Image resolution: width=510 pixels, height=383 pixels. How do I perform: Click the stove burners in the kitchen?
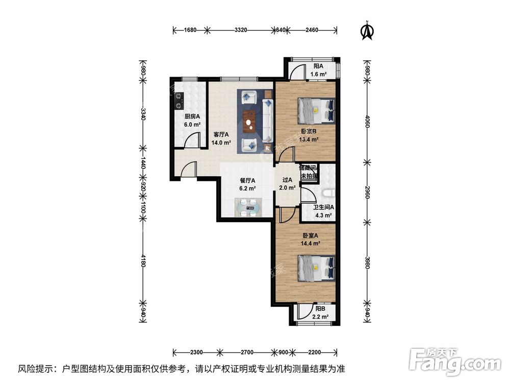(x=178, y=100)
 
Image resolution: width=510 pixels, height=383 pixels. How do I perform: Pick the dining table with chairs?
(x=248, y=207)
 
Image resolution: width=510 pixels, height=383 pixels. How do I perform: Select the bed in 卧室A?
(x=317, y=267)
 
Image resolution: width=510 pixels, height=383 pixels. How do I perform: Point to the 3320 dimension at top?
(x=241, y=30)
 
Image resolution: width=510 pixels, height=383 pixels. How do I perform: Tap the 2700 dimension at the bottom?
(x=247, y=352)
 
